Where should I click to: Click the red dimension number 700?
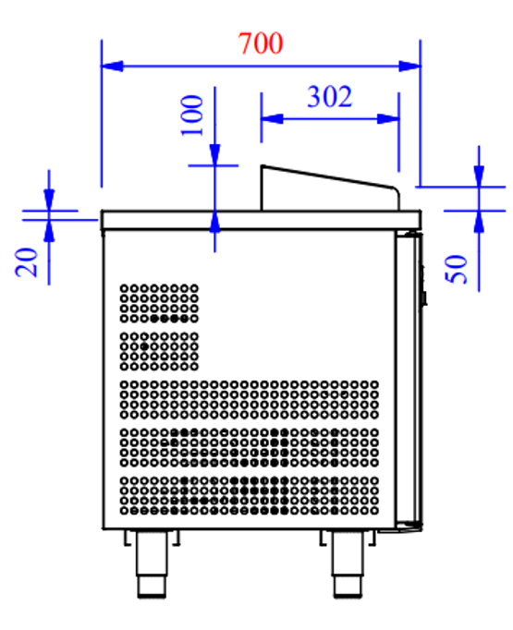[260, 43]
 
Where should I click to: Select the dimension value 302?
[329, 96]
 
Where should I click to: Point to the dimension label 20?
[28, 261]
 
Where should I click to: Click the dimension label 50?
[459, 269]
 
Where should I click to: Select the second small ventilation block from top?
[159, 350]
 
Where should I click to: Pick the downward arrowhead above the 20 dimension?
[48, 201]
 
